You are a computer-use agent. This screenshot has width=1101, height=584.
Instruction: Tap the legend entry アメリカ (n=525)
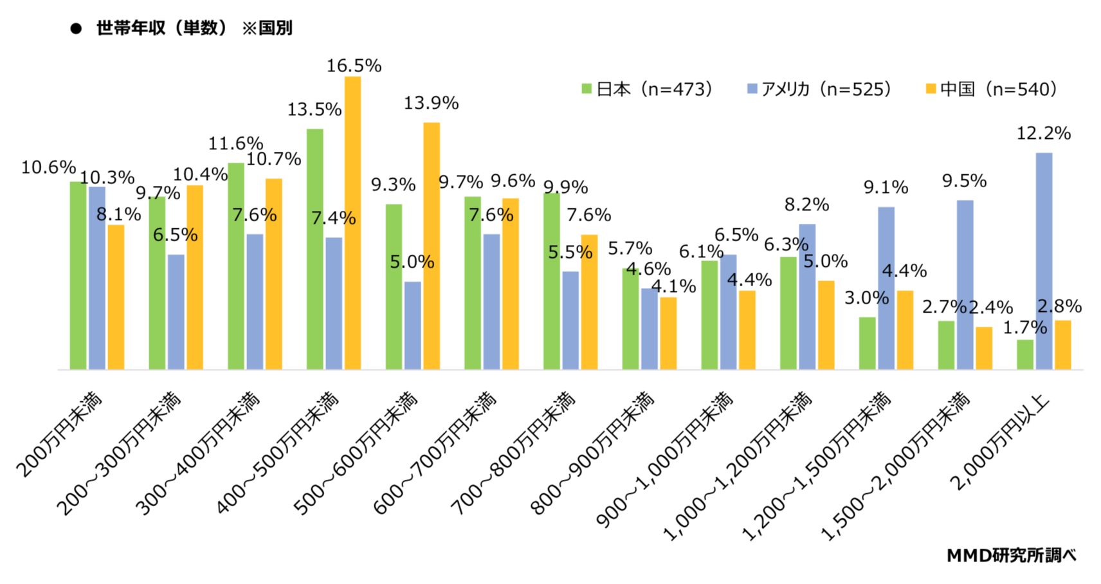(819, 89)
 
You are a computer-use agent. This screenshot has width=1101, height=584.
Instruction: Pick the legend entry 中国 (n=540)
(991, 89)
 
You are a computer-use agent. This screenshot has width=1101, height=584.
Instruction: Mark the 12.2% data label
(1043, 134)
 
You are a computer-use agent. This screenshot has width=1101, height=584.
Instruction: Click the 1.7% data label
(1024, 328)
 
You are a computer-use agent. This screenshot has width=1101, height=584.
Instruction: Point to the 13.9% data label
(431, 103)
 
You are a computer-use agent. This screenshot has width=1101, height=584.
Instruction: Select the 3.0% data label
(866, 298)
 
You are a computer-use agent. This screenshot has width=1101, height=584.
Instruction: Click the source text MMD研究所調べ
(1011, 555)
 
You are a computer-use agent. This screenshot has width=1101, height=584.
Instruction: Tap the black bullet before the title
(76, 28)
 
